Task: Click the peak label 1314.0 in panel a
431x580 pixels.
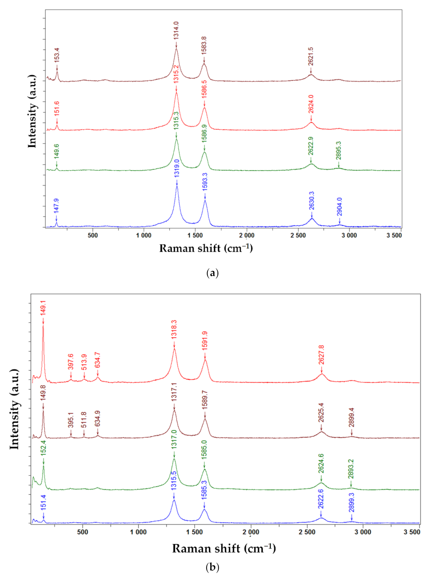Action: click(x=176, y=31)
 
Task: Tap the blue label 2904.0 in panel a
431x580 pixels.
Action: click(x=339, y=207)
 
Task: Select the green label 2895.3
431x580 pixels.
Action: click(x=338, y=150)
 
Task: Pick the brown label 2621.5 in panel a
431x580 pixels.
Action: click(x=311, y=56)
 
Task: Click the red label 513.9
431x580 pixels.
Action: click(x=84, y=362)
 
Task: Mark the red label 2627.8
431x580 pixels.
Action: click(x=321, y=355)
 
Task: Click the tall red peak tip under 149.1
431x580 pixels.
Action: click(x=43, y=326)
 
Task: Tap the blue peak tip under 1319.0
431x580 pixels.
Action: click(x=177, y=187)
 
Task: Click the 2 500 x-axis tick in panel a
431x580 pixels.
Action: click(x=298, y=235)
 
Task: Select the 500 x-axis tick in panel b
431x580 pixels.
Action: click(x=82, y=532)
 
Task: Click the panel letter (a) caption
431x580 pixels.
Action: click(x=212, y=273)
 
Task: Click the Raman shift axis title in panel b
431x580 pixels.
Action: click(x=224, y=548)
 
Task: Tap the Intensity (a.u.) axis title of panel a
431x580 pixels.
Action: click(x=32, y=112)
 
